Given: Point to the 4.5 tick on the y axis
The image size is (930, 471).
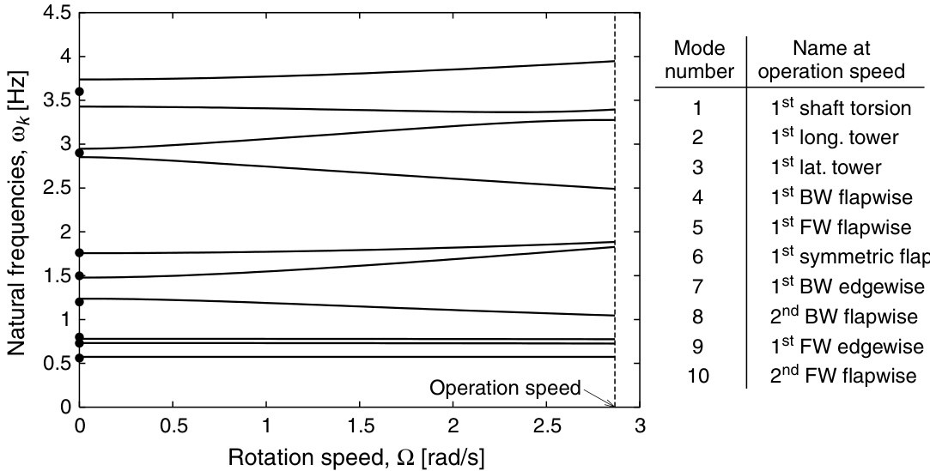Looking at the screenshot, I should [59, 14].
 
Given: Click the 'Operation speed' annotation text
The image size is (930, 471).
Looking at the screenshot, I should [505, 387].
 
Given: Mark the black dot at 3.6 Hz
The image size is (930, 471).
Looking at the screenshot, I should [80, 92].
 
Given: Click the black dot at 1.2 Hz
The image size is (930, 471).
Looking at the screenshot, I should [80, 301].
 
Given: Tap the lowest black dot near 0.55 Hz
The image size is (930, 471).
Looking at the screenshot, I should [80, 358].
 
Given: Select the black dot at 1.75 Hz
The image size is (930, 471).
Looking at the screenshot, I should [80, 253].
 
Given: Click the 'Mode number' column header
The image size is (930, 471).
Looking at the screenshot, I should [699, 59].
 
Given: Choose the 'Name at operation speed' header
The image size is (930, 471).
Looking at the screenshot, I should [837, 59].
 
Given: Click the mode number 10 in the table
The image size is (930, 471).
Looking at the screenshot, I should [699, 376].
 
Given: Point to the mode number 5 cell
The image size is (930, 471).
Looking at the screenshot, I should [699, 227].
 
